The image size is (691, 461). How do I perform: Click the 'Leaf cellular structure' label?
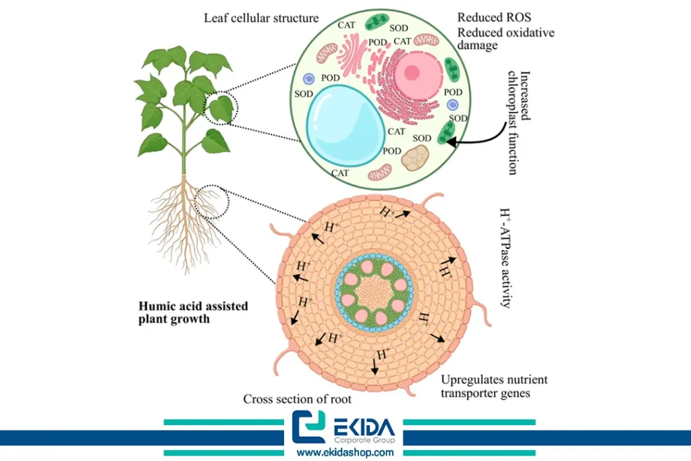click(252, 18)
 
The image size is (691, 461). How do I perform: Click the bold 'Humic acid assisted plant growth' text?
click(193, 313)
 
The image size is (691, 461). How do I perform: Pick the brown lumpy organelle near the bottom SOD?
click(415, 159)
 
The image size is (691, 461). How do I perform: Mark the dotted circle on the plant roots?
click(206, 201)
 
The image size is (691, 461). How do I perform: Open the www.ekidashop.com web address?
click(345, 452)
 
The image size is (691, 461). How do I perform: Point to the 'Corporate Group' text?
click(368, 440)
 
